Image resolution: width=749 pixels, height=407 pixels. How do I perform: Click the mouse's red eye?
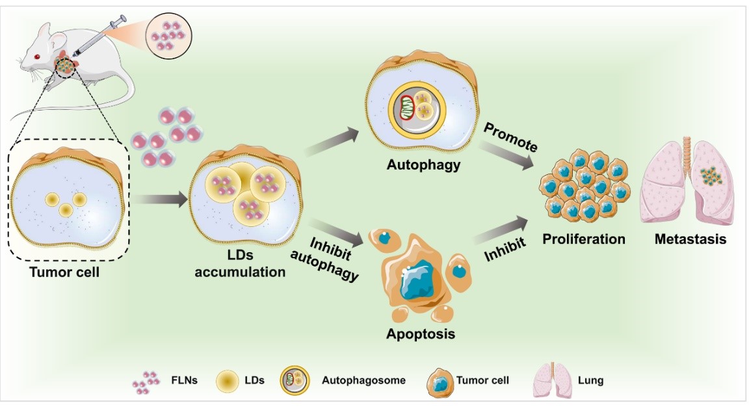[x=36, y=57]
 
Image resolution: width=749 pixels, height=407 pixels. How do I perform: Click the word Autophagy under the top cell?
[x=424, y=164]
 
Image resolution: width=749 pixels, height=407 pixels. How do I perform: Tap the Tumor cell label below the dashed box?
[x=64, y=272]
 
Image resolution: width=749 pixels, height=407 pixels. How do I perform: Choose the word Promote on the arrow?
[x=511, y=138]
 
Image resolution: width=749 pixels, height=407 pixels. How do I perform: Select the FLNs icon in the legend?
[x=146, y=381]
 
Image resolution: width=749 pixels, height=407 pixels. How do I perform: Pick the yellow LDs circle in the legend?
[x=227, y=381]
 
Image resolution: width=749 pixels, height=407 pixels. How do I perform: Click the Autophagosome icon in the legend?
[x=296, y=381]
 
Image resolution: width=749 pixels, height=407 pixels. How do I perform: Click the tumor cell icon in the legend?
[x=440, y=381]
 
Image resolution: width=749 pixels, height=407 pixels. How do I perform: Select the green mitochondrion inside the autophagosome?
[x=408, y=107]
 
